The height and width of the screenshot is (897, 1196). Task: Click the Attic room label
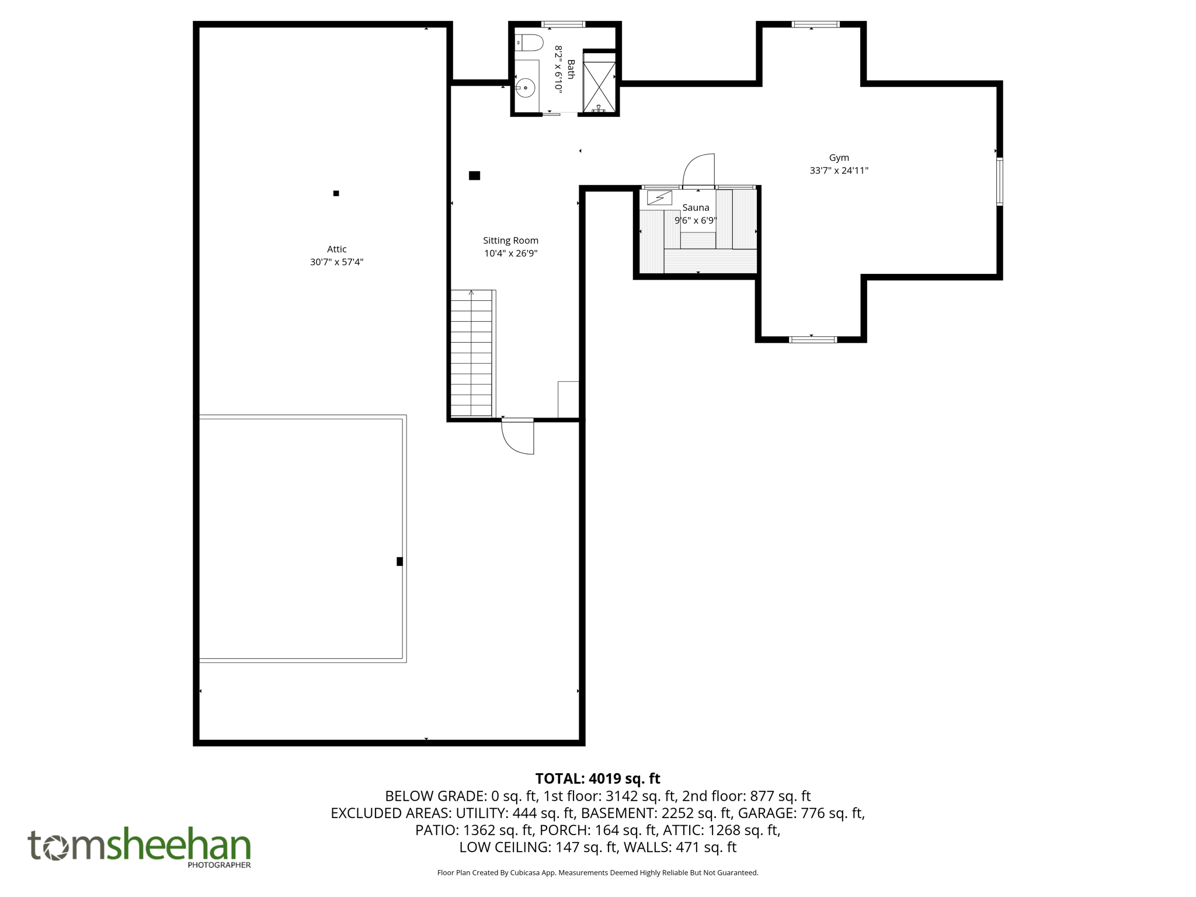click(x=336, y=249)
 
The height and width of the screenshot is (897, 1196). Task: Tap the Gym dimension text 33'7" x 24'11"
click(x=839, y=171)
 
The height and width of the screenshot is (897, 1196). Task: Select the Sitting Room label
click(x=510, y=241)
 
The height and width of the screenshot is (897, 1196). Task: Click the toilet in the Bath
click(x=530, y=43)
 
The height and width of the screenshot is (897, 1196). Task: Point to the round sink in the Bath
click(x=526, y=88)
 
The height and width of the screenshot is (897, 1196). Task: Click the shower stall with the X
click(x=599, y=86)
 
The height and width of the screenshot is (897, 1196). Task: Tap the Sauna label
click(x=696, y=208)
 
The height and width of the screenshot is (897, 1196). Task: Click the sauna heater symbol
click(x=659, y=198)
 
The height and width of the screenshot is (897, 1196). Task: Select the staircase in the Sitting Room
click(x=471, y=353)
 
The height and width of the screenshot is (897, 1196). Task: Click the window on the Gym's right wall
click(x=999, y=181)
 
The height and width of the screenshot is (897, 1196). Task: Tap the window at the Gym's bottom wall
click(x=812, y=339)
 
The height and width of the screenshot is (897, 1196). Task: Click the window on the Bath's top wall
click(x=563, y=25)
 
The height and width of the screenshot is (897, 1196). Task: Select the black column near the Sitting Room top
click(x=474, y=175)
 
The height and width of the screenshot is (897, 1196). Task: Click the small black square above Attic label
click(x=336, y=193)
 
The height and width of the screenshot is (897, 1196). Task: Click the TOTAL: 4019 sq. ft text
click(x=597, y=778)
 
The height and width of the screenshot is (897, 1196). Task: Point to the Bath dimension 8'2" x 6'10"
click(x=558, y=69)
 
